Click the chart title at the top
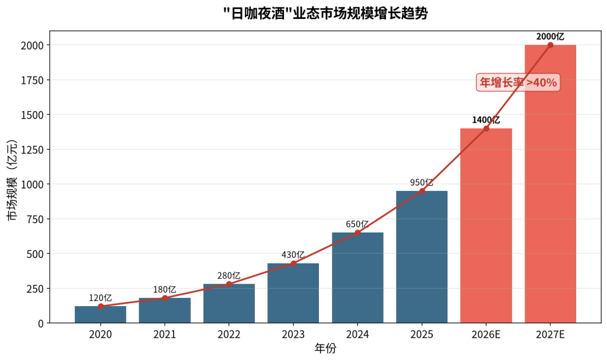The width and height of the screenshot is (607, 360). click(x=325, y=14)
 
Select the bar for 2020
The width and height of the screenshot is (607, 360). click(x=101, y=315)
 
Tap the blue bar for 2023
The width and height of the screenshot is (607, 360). click(x=293, y=294)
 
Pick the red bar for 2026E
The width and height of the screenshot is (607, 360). click(x=486, y=225)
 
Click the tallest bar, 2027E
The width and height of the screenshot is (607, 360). click(x=551, y=184)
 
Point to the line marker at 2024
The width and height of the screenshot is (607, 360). click(x=357, y=232)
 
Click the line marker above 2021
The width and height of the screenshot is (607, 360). click(x=165, y=298)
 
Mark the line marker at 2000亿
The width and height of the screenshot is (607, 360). click(x=551, y=45)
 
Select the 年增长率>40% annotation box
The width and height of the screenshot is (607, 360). click(x=518, y=82)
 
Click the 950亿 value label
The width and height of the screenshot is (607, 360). click(x=421, y=183)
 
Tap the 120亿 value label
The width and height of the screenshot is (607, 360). click(x=100, y=298)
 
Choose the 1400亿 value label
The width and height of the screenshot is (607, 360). click(x=486, y=120)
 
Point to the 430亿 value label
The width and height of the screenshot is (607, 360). click(x=293, y=255)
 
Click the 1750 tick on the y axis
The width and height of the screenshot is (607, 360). click(x=33, y=80)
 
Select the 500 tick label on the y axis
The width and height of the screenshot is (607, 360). click(x=36, y=254)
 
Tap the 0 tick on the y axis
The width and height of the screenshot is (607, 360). click(x=41, y=323)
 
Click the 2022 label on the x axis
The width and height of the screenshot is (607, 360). click(x=229, y=334)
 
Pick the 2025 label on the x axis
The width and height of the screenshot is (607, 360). click(x=421, y=334)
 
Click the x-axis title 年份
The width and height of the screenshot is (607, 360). click(x=325, y=349)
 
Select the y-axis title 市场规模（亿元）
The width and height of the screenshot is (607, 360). click(x=13, y=180)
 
